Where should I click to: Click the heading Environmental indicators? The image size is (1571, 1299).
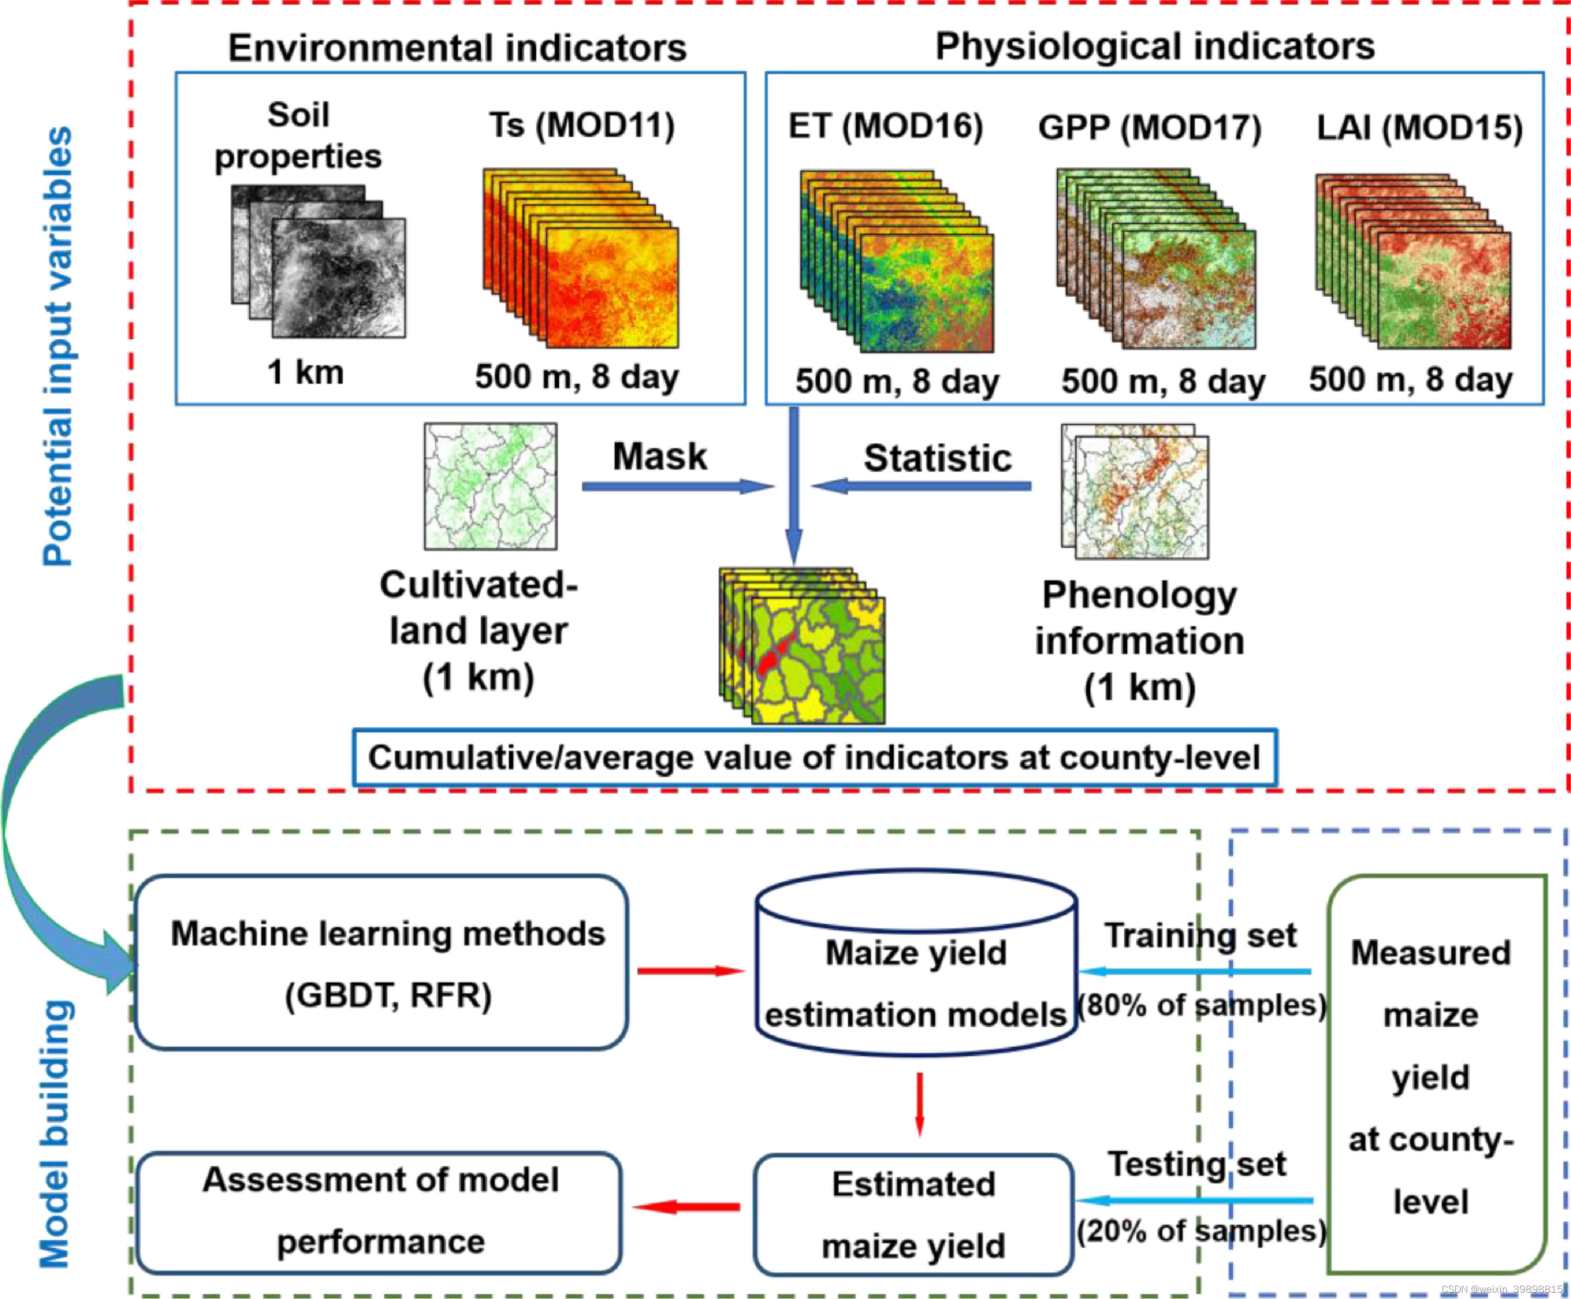[457, 48]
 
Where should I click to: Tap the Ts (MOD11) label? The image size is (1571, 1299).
[581, 125]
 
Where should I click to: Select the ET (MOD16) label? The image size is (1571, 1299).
[885, 126]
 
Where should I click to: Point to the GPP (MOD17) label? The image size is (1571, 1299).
[1149, 127]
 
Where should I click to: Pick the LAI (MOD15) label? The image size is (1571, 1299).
[1419, 127]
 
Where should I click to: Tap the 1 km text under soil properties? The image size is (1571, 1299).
[305, 372]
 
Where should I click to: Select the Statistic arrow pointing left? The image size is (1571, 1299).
[922, 486]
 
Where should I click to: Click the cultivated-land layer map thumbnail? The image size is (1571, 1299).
[490, 486]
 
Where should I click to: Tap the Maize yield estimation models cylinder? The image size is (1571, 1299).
[916, 965]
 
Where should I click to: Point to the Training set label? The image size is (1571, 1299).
[1200, 936]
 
